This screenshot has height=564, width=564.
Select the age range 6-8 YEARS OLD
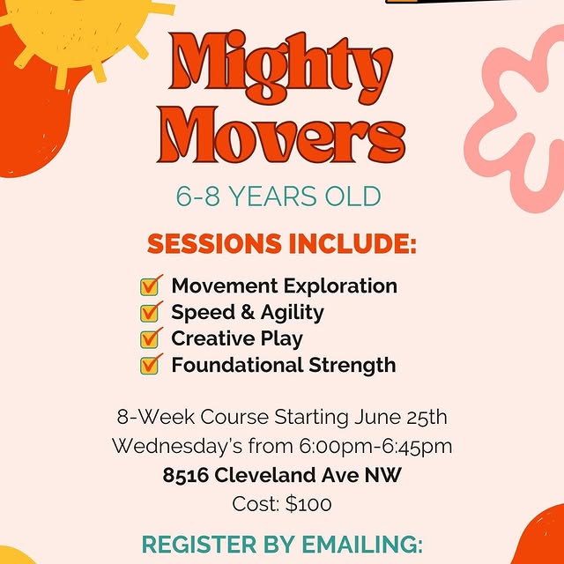click(x=278, y=197)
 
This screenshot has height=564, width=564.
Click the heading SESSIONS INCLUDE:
click(x=281, y=243)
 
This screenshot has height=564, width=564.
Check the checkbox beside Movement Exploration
click(x=152, y=286)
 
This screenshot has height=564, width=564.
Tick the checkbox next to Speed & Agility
click(x=152, y=312)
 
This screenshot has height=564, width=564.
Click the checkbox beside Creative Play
click(x=152, y=338)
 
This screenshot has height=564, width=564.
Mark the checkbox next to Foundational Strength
click(x=152, y=365)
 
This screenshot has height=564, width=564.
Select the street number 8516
click(x=187, y=476)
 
